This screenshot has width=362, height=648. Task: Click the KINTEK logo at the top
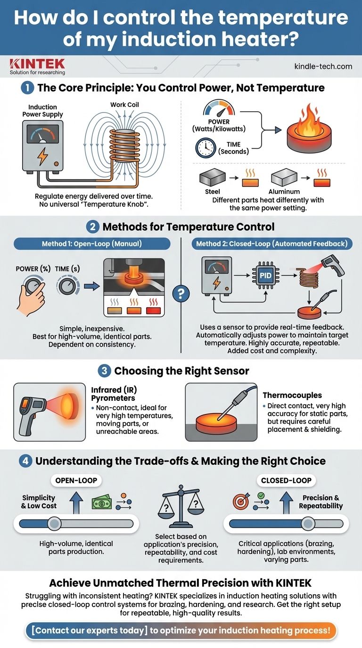pos(37,66)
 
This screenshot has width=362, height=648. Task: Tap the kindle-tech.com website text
pos(323,66)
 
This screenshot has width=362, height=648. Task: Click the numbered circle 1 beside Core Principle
pos(27,88)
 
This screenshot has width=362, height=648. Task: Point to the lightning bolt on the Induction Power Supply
pos(42,156)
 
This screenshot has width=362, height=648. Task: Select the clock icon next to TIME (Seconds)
pos(206,147)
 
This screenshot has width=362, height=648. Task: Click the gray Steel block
pos(212,178)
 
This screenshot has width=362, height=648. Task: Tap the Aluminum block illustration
pos(284,178)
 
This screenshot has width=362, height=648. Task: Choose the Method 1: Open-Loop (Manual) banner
pos(92,243)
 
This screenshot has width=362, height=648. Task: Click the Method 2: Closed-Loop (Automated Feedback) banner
pos(272,243)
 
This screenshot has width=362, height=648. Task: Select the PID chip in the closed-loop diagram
pos(265,275)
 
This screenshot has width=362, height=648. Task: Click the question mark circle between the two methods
pos(181,294)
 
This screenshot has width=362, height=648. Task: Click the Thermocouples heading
pos(292,395)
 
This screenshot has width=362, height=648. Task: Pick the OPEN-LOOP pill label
pos(76,480)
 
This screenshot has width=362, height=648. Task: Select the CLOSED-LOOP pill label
pos(286,480)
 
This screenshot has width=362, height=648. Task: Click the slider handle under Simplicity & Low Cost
pos(55,524)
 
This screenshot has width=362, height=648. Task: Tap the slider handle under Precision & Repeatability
pos(308,524)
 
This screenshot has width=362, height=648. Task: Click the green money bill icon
pos(102,502)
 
